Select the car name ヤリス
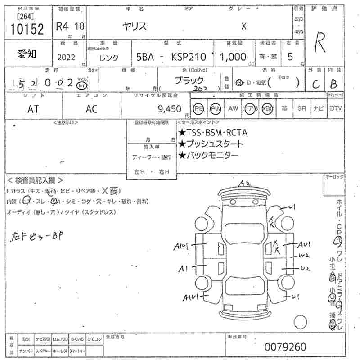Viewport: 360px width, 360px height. point(135,26)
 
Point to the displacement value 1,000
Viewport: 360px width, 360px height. point(233,57)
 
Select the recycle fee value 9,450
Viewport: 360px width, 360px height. point(170,108)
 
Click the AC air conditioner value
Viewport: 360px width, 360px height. point(91,108)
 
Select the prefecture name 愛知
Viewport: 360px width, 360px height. point(27,54)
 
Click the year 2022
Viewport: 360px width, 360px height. point(67,57)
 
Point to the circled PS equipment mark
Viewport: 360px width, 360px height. point(198,108)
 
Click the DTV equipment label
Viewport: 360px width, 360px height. point(335,108)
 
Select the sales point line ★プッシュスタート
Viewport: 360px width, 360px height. point(211,144)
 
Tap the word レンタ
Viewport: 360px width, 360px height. point(108,57)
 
